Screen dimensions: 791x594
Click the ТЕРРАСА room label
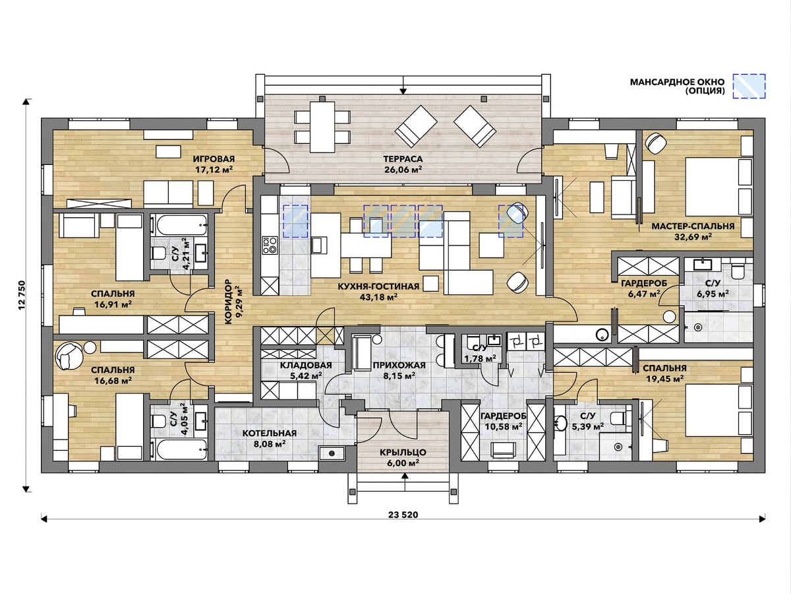pos(403,158)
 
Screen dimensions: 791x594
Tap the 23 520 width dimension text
pos(403,515)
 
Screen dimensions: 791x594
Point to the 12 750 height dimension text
pos(22,296)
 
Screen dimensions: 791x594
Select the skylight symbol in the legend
pos(749,86)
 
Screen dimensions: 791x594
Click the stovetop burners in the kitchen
pos(270,245)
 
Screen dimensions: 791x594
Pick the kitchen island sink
pos(319,246)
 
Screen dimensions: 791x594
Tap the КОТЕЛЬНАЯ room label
pos(269,433)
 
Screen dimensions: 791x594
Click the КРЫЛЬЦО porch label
pos(403,452)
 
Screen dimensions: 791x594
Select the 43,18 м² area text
pos(378,297)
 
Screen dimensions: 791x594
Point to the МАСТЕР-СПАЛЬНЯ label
pos(693,226)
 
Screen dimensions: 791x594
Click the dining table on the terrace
pos(322,127)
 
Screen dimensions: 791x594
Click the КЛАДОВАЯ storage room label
pos(306,365)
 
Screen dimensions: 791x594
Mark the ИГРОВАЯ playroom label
pos(214,158)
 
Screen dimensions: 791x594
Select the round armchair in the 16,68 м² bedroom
pos(69,356)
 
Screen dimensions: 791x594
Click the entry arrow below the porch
pos(405,482)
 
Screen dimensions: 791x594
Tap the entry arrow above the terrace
pos(403,85)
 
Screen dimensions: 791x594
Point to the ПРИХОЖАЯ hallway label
pos(399,365)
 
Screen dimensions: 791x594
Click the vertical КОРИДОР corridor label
pos(228,302)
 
